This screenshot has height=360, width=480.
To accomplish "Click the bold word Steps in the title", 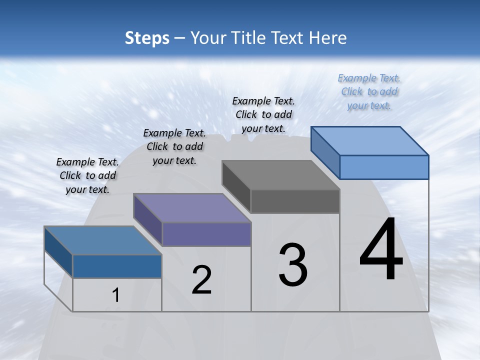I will coord(146,38).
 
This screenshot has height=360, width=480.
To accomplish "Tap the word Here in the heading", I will coord(328,38).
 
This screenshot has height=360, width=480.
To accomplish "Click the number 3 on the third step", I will coord(293,265).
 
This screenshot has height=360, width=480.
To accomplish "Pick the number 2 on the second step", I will coord(201,280).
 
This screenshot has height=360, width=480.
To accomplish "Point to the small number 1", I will coord(116,295).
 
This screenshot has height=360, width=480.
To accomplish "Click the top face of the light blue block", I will coord(370,141).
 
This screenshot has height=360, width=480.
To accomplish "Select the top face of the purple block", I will coord(192,208).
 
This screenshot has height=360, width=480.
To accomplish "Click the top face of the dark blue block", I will coord(103,240).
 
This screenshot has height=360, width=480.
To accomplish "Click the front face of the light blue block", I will coord(384,167).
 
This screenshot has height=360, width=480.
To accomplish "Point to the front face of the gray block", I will coord(295,201).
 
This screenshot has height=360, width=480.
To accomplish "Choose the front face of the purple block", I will coord(206,234).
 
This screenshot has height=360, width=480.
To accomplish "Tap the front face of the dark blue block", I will coord(117,266).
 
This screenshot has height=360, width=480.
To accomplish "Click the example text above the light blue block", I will coord(369,91).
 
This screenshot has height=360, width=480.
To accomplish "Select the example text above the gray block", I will coord(263,114).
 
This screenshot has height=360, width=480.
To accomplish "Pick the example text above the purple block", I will coord(174,146).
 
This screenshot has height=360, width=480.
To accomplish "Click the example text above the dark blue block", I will coord(87,175).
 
